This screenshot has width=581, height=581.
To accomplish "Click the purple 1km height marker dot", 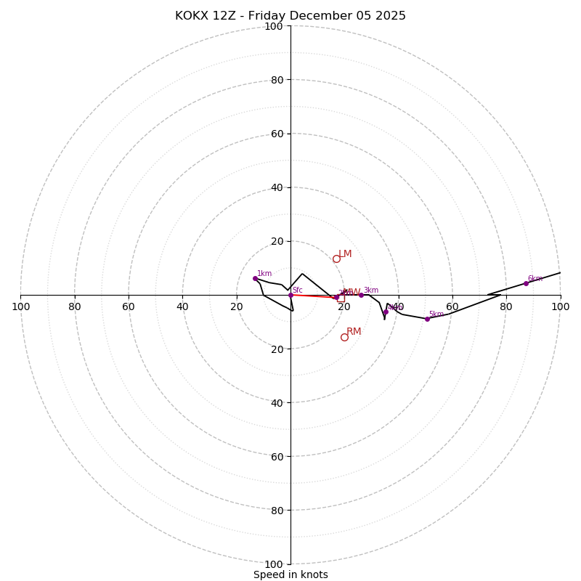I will (x=255, y=278).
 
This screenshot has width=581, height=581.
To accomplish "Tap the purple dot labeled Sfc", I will (x=290, y=295).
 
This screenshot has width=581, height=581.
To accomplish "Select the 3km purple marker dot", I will (x=361, y=295).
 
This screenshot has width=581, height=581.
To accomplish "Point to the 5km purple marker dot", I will (x=427, y=319).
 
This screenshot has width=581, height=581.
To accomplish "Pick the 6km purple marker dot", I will (x=526, y=283).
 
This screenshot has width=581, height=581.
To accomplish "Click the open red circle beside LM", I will (x=336, y=259).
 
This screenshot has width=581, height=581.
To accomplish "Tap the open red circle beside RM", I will (x=344, y=337).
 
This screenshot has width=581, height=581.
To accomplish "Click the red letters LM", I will (x=345, y=254).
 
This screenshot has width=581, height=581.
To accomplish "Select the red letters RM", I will (x=354, y=332).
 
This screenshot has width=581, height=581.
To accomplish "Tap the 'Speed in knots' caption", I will (x=290, y=574).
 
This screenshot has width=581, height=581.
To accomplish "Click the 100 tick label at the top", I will (x=273, y=27).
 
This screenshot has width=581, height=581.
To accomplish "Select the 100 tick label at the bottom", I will (x=273, y=564).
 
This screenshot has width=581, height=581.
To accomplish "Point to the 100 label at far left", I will (x=20, y=306).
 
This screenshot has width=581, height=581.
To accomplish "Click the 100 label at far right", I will (x=560, y=306).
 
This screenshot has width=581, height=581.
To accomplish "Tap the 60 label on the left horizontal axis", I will (x=129, y=306).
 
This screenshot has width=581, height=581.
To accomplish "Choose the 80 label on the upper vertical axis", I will (x=276, y=80).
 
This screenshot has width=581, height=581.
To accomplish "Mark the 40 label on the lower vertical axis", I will (x=276, y=402).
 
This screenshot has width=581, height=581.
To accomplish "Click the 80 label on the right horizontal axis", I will (x=506, y=306).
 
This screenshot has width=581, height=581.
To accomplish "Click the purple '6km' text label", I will (x=535, y=279).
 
